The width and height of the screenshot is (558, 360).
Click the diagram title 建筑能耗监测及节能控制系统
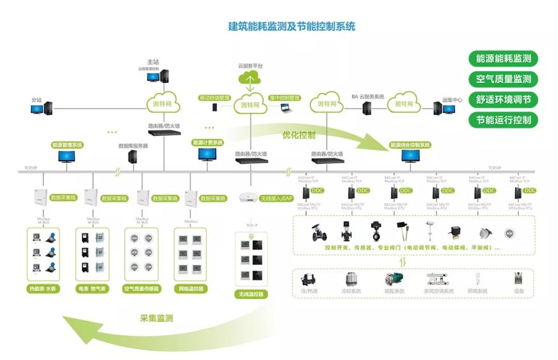[x=291, y=26]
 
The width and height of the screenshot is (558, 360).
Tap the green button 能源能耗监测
[x=503, y=58]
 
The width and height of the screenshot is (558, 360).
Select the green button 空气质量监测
[x=503, y=79]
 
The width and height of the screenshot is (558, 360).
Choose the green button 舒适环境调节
[x=503, y=100]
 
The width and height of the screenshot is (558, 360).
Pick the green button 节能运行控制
[x=503, y=120]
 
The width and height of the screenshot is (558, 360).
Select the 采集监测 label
[x=156, y=318]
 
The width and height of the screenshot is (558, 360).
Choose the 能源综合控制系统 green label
[x=410, y=145]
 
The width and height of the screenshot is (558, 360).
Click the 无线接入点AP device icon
[x=249, y=197]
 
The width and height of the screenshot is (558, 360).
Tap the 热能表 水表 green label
[x=43, y=289]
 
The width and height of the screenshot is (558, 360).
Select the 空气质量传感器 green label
[x=142, y=289]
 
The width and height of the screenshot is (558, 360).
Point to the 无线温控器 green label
[x=251, y=294]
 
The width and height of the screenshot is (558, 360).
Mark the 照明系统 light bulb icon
[x=477, y=279]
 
